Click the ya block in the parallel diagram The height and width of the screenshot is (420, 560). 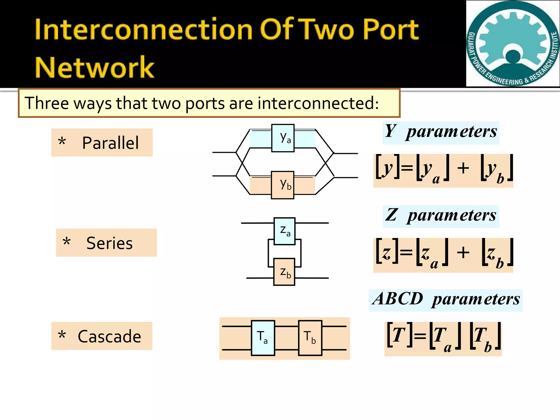(283, 138)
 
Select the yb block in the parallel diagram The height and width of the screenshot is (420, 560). (282, 185)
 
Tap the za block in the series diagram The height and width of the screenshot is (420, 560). (284, 231)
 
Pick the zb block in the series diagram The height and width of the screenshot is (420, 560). (284, 272)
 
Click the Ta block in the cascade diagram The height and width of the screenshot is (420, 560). (263, 338)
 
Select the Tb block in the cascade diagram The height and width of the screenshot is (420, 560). (310, 338)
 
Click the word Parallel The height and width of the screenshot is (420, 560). (110, 143)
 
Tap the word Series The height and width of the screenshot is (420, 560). (109, 243)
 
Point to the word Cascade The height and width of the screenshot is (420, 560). (109, 337)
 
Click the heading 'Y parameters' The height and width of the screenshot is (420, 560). (441, 132)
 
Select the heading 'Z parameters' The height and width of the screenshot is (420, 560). (441, 216)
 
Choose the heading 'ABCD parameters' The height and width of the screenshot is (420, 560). (446, 299)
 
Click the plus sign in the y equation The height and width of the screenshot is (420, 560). (463, 168)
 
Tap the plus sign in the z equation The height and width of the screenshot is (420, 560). (463, 252)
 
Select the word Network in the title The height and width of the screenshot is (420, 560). (95, 67)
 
